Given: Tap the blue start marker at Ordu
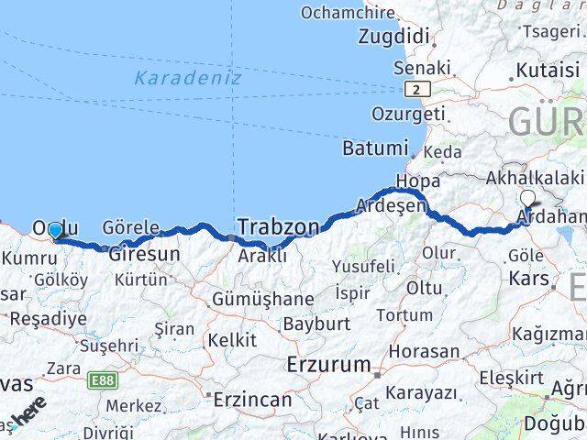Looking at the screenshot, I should [56, 231].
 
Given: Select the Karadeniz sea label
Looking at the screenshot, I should [187, 78].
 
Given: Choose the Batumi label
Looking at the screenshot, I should [374, 148].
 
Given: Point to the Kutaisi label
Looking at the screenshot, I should [548, 71].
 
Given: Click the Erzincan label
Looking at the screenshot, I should [251, 399].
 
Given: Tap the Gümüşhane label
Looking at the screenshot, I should [262, 299].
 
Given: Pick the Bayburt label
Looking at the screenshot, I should [316, 324].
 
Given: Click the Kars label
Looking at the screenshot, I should [529, 278].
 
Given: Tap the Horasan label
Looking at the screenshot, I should [424, 351].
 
